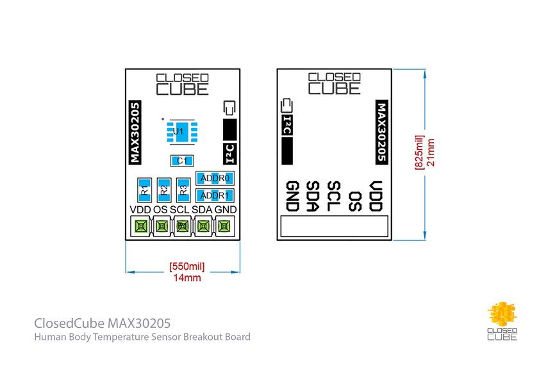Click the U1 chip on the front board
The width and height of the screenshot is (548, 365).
tap(179, 131)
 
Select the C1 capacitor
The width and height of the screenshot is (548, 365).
tap(183, 160)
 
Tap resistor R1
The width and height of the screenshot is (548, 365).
tap(144, 190)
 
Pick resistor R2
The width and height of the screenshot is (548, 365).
tap(163, 190)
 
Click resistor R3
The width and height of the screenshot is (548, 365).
tap(183, 190)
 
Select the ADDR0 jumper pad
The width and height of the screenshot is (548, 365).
tap(215, 178)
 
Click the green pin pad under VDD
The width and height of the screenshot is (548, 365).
tap(140, 226)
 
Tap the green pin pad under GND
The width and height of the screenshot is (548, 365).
tap(224, 226)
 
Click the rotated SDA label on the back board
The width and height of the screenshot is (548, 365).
tap(313, 196)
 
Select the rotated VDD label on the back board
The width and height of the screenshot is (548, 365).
tap(376, 196)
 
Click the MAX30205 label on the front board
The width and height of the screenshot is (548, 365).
tap(135, 132)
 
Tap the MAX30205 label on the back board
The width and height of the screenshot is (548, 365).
tap(382, 132)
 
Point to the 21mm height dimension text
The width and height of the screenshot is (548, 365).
tap(431, 152)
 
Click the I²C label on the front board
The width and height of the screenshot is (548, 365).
tap(229, 152)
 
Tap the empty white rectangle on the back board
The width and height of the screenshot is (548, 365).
tap(335, 226)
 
